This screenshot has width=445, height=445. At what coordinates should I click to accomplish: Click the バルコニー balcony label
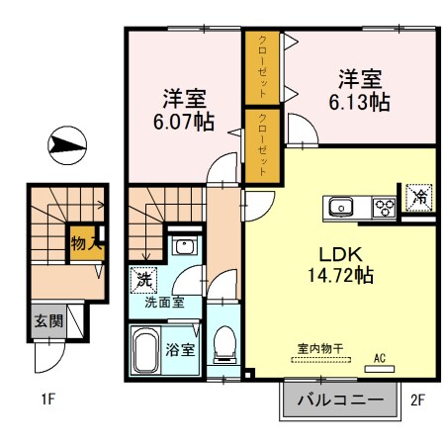tap(342, 402)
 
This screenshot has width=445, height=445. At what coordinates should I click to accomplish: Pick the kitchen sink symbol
tap(341, 208)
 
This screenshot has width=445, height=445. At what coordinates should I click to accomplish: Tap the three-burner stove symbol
tap(383, 208)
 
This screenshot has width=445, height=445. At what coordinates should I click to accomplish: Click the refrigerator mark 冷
tap(418, 196)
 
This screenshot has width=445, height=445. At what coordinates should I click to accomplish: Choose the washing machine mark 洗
tap(142, 279)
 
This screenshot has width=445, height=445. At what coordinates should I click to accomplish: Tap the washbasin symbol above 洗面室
tap(181, 247)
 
